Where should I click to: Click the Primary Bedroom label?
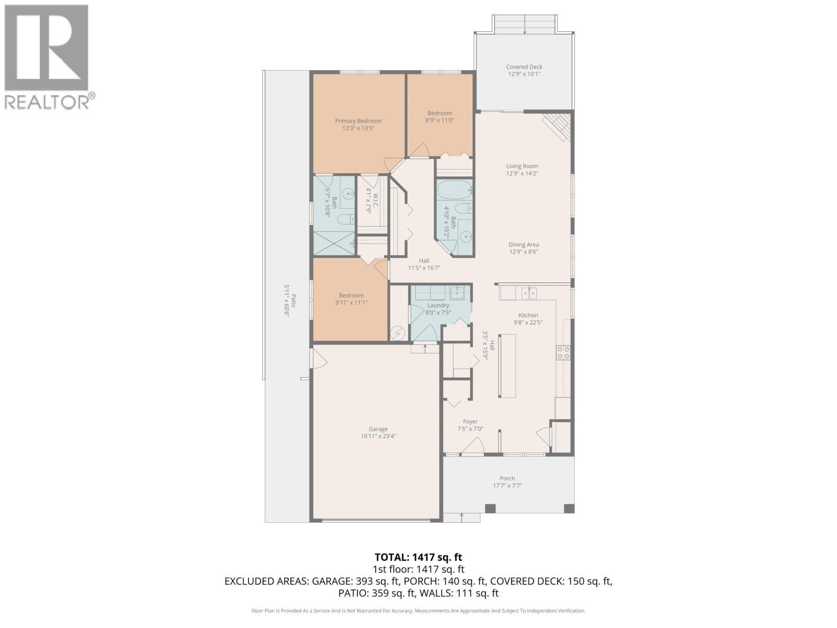[358, 121]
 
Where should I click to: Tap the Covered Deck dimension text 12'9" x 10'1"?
[524, 74]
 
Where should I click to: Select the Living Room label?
[522, 166]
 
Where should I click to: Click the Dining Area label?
[523, 244]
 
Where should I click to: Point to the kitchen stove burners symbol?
[563, 353]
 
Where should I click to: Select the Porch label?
[507, 478]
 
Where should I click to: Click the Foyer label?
[470, 421]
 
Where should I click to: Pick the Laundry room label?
[438, 306]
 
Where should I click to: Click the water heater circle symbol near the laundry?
[398, 332]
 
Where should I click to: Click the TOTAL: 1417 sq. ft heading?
[418, 557]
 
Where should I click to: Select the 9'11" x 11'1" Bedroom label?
[351, 296]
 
